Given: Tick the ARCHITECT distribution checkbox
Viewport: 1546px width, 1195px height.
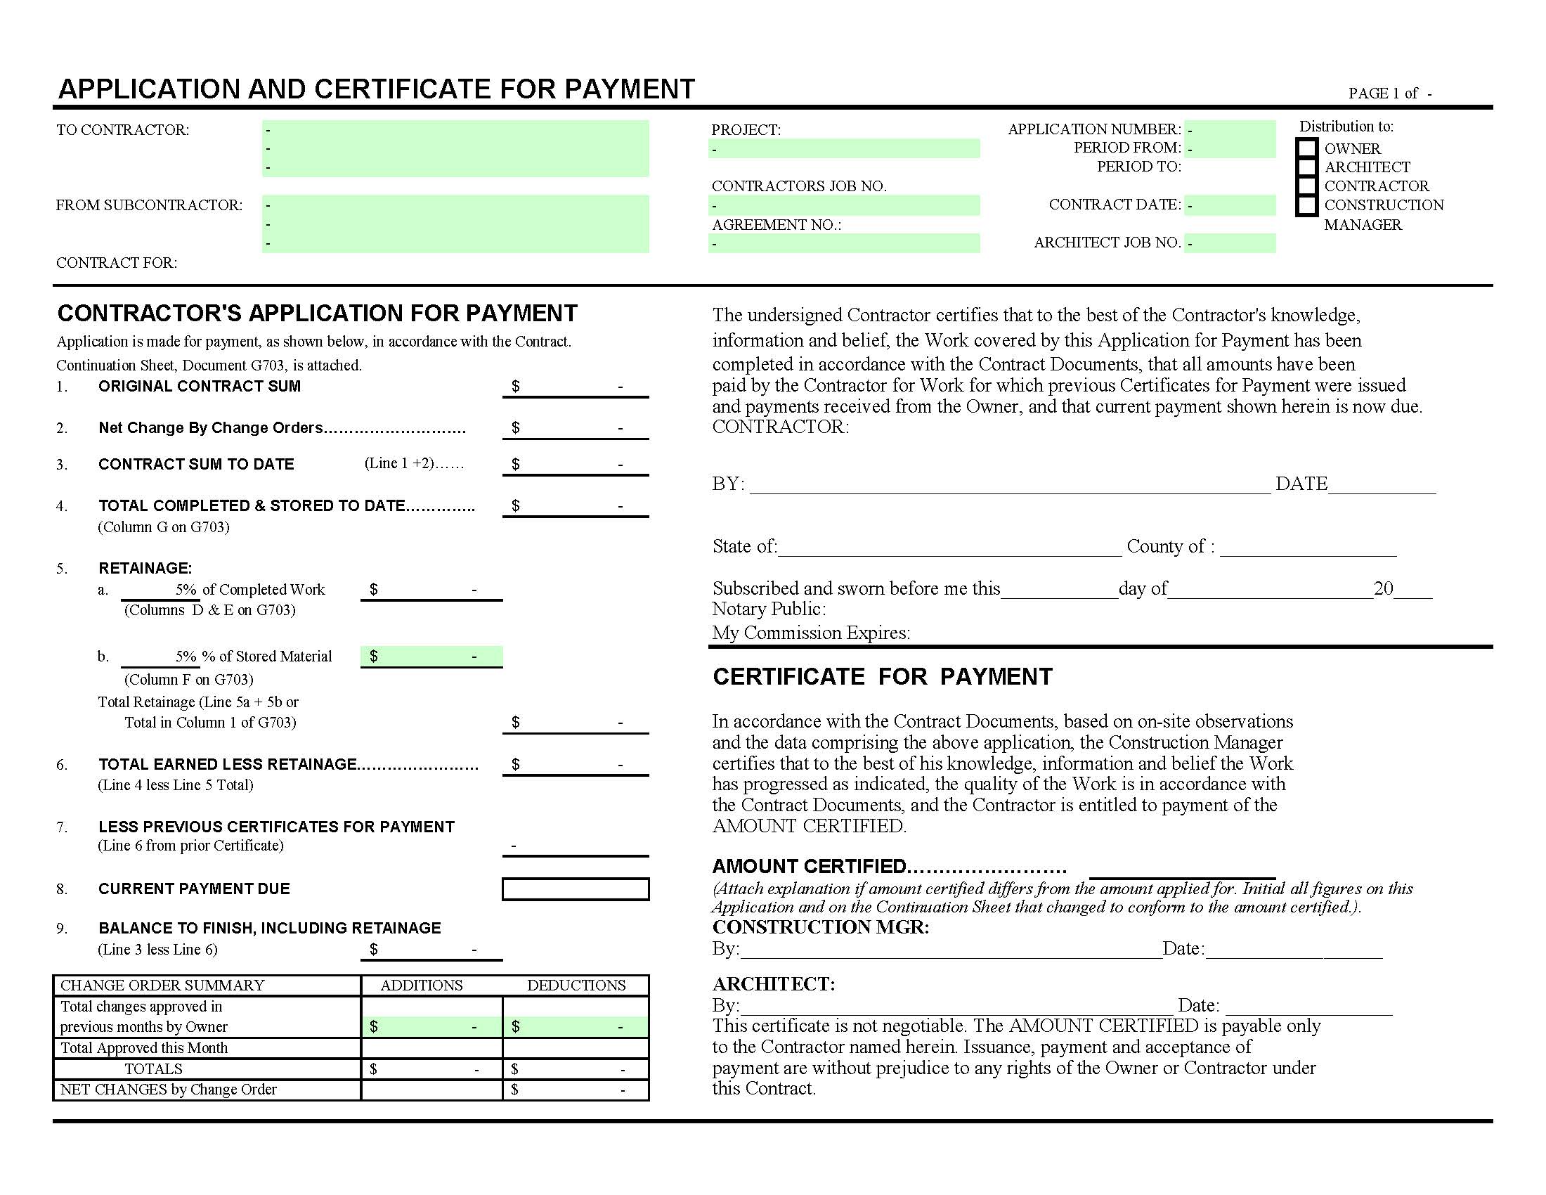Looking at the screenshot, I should pos(1306,168).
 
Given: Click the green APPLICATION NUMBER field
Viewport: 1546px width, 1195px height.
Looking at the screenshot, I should pos(1230,129).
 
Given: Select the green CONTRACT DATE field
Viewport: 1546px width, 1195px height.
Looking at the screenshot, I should pos(1230,205).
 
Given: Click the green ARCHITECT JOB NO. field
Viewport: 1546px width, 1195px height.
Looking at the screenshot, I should pos(1230,243).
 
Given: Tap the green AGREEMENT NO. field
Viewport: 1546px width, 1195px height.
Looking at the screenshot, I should pos(844,243).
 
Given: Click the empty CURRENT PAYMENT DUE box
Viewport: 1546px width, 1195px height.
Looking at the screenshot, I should pos(575,889).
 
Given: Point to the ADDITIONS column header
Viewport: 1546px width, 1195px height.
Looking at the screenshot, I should pos(421,985).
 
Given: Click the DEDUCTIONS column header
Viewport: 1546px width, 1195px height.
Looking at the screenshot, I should pos(576,985).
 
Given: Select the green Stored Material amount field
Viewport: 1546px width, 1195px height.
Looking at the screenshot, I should pos(431,657).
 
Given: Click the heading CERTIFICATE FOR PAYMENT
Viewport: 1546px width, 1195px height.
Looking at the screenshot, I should pos(882,677).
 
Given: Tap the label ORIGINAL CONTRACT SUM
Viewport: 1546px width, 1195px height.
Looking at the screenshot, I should pos(200,387).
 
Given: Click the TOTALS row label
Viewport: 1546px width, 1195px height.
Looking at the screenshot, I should pos(154,1069).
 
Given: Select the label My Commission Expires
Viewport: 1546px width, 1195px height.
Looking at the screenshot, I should pos(810,633).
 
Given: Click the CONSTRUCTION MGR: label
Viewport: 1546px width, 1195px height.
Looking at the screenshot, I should pos(820,927).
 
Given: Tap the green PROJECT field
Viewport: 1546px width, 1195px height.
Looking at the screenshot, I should pos(844,148).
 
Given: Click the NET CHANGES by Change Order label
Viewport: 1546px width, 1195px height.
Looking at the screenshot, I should pos(169,1090).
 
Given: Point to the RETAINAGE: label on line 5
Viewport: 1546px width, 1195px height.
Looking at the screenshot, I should pos(145,569).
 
